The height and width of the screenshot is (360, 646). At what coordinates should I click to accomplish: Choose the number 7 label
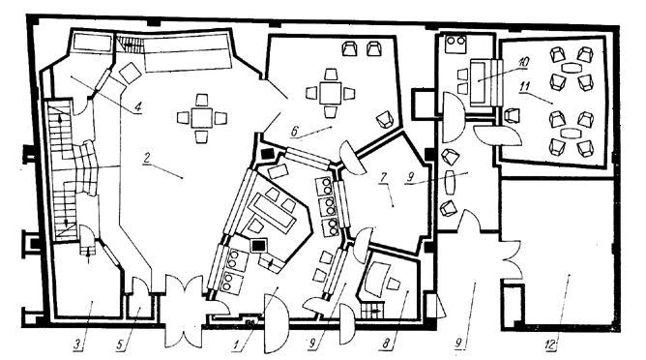tap(382, 181)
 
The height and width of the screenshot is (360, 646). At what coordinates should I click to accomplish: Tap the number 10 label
tap(522, 62)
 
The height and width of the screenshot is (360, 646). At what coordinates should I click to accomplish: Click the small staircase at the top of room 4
tap(127, 44)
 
